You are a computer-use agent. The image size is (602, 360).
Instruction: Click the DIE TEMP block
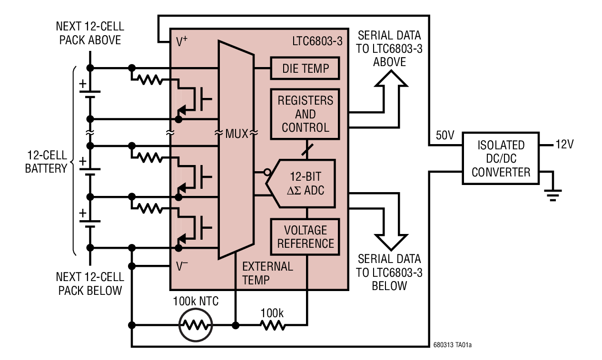305,68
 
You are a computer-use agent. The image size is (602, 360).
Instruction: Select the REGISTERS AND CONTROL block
305,114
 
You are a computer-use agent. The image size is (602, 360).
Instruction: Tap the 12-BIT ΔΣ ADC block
305,184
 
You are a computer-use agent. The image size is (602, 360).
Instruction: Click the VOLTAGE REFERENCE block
305,237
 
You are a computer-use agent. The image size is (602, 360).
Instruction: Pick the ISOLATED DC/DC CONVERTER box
501,158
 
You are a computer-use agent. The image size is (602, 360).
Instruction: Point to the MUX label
237,134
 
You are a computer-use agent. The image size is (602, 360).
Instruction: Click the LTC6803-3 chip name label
317,40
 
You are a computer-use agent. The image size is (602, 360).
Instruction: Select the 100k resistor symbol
272,325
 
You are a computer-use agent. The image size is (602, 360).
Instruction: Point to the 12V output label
564,145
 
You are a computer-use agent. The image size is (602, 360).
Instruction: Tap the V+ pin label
182,42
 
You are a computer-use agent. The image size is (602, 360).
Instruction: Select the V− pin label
182,266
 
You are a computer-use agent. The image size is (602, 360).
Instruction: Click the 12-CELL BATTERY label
46,162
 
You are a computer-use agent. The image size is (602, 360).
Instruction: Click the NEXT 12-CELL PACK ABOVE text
90,33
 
